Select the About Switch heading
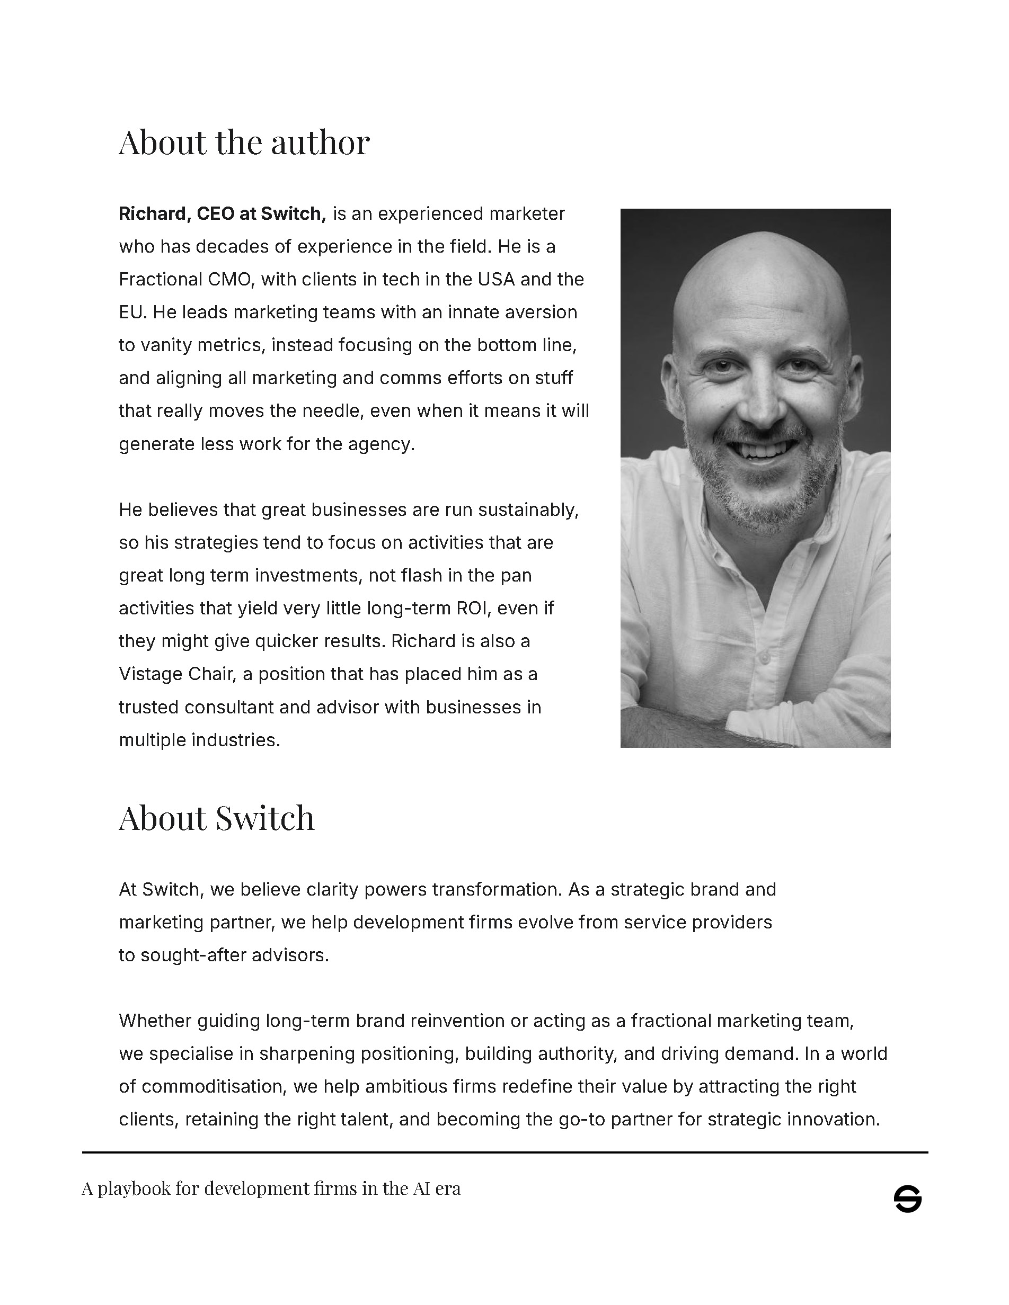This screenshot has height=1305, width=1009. [x=216, y=818]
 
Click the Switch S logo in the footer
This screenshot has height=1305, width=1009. [x=907, y=1199]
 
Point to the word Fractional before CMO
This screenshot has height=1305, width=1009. [x=160, y=280]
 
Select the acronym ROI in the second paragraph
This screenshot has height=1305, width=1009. [x=473, y=609]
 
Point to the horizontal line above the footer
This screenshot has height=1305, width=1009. [x=504, y=1152]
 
